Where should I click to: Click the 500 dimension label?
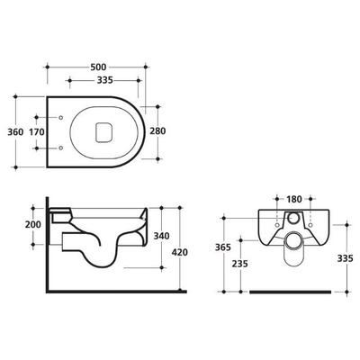pyautogui.click(x=98, y=67)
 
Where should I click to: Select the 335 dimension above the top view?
pyautogui.click(x=104, y=80)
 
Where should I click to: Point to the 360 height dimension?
pyautogui.click(x=15, y=131)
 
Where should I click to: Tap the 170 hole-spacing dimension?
pyautogui.click(x=37, y=131)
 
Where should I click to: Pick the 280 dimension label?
pyautogui.click(x=157, y=131)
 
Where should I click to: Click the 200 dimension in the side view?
pyautogui.click(x=32, y=225)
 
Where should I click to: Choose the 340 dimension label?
pyautogui.click(x=161, y=236)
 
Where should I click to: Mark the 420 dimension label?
pyautogui.click(x=179, y=252)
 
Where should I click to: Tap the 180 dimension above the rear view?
pyautogui.click(x=293, y=199)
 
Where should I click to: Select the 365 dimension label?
pyautogui.click(x=223, y=247)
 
